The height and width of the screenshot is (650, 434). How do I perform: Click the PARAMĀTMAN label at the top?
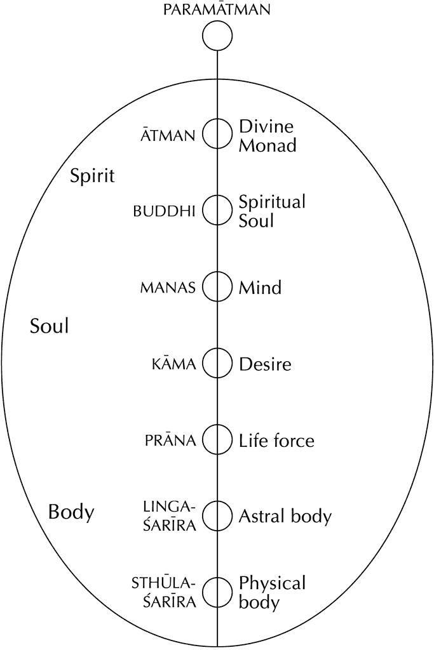pyautogui.click(x=217, y=10)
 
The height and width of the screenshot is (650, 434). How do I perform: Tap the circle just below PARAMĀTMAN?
pyautogui.click(x=217, y=37)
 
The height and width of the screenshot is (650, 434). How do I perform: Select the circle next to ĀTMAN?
pyautogui.click(x=217, y=134)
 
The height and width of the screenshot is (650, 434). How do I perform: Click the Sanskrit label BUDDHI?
pyautogui.click(x=164, y=211)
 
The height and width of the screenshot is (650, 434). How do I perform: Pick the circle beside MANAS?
pyautogui.click(x=217, y=287)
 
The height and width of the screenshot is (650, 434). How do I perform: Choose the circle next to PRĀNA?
pyautogui.click(x=217, y=439)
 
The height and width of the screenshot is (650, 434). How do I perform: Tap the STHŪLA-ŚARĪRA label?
pyautogui.click(x=164, y=592)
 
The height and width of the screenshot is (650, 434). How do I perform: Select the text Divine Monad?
pyautogui.click(x=267, y=135)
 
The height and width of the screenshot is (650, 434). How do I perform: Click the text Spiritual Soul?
pyautogui.click(x=271, y=211)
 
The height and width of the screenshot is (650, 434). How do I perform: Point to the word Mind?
pyautogui.click(x=260, y=288)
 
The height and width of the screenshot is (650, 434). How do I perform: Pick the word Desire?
pyautogui.click(x=265, y=364)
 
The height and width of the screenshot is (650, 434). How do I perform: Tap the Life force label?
pyautogui.click(x=276, y=440)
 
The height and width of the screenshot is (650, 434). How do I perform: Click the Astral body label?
pyautogui.click(x=285, y=516)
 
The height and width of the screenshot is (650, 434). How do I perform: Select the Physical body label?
pyautogui.click(x=272, y=592)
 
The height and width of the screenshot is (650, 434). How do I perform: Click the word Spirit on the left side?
pyautogui.click(x=92, y=175)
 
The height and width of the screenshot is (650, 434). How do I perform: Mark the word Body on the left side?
pyautogui.click(x=71, y=512)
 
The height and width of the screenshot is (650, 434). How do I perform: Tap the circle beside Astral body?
pyautogui.click(x=217, y=515)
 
